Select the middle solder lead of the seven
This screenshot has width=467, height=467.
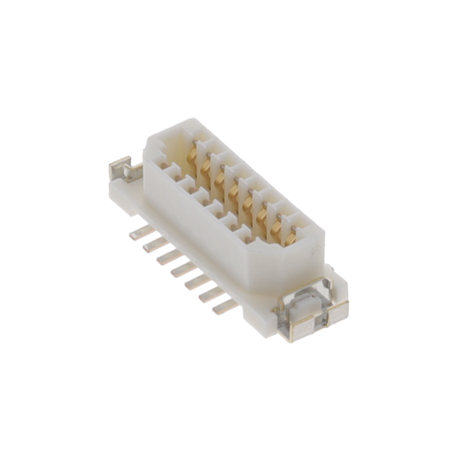click(x=184, y=269)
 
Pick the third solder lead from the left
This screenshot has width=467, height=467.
click(x=169, y=257)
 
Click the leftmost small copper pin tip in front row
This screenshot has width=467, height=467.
click(x=164, y=166)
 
